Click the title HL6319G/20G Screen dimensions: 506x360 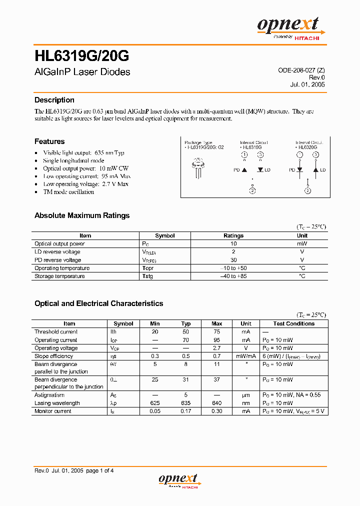(x=82, y=54)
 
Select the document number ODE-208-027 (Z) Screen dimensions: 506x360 (x=301, y=70)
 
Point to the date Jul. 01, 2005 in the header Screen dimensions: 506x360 (x=307, y=84)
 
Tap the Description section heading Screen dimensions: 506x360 (x=54, y=100)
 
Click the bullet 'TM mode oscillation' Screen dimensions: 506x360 (x=68, y=192)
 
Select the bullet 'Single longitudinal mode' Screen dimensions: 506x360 (x=73, y=160)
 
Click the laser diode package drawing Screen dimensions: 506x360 (x=198, y=167)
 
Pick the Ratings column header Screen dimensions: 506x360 (x=233, y=235)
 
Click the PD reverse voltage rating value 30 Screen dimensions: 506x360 (x=233, y=260)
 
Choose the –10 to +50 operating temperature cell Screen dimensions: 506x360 (x=233, y=268)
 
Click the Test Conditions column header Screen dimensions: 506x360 (x=294, y=323)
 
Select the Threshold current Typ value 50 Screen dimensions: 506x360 (x=186, y=331)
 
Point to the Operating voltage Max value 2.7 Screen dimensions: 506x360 (x=217, y=348)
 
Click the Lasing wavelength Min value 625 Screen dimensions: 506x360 (x=155, y=403)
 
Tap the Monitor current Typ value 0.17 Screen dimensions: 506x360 (x=186, y=411)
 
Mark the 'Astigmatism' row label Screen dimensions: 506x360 (x=49, y=395)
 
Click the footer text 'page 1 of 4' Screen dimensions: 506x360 (x=100, y=470)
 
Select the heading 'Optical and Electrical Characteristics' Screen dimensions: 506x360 (x=98, y=303)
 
